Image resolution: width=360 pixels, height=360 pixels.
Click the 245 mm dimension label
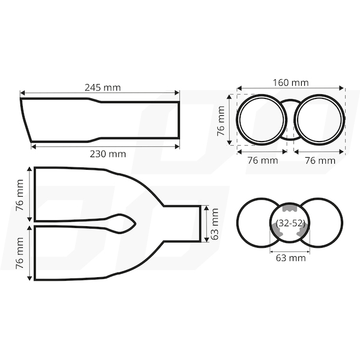(x=103, y=88)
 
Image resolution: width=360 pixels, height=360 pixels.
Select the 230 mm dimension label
(x=108, y=154)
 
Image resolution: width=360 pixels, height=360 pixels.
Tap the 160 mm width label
(x=290, y=83)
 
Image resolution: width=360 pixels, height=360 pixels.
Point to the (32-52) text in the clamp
(x=290, y=223)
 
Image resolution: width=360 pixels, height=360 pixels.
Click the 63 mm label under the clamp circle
(x=290, y=258)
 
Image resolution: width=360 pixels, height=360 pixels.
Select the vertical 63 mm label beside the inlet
(x=214, y=224)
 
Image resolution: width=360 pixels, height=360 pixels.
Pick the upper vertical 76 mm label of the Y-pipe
(x=20, y=196)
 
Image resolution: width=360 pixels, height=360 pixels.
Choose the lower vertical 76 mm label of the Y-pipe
(x=20, y=253)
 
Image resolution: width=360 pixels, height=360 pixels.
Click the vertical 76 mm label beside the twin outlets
(x=221, y=121)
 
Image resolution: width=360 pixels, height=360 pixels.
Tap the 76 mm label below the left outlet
(x=263, y=160)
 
